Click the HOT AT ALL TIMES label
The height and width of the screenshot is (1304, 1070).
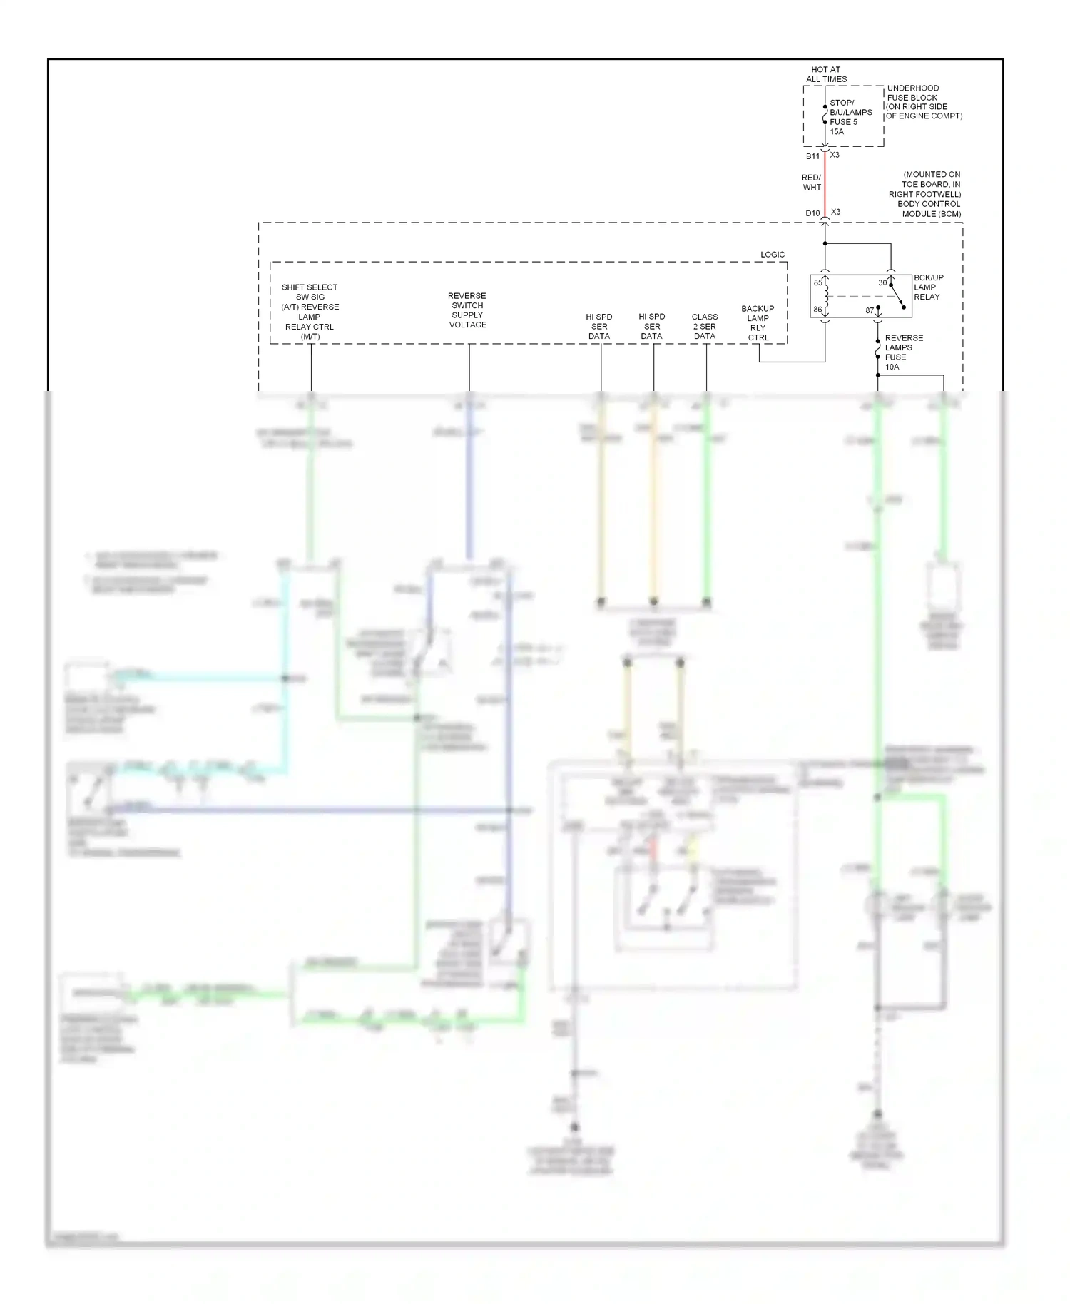click(x=826, y=74)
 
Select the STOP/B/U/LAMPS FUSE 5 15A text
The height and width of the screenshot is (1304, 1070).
click(x=850, y=117)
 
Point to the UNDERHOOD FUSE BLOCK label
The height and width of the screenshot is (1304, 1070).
click(x=923, y=102)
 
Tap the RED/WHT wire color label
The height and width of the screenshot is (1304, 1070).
click(x=811, y=183)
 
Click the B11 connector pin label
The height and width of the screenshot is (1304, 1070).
click(x=812, y=156)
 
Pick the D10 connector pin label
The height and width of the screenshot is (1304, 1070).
click(x=812, y=213)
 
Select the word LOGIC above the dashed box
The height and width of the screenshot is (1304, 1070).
click(x=772, y=255)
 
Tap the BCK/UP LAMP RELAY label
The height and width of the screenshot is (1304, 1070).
click(x=928, y=287)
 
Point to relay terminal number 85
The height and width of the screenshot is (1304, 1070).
click(x=817, y=283)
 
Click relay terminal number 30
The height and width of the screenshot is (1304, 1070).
click(x=882, y=283)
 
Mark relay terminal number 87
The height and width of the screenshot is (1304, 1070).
click(x=870, y=311)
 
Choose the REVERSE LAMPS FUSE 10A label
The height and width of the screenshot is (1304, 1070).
click(x=903, y=352)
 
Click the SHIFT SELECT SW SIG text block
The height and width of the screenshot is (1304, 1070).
click(x=310, y=312)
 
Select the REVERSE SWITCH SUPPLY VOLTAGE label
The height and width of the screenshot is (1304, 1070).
click(x=467, y=310)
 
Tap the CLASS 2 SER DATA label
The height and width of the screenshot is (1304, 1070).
click(x=704, y=327)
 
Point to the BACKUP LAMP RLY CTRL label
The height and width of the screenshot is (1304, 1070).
click(x=758, y=323)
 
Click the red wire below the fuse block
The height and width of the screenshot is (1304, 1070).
click(x=825, y=182)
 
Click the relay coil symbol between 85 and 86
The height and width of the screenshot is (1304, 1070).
click(x=826, y=296)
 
